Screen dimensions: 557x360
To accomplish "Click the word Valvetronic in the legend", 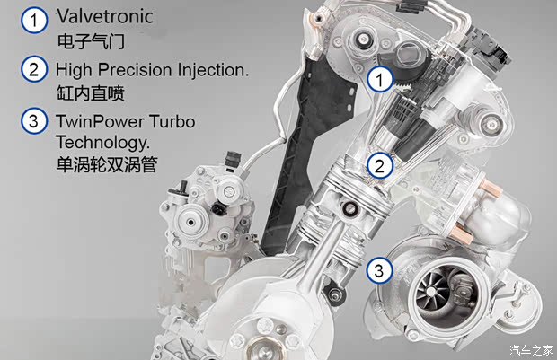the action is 105,17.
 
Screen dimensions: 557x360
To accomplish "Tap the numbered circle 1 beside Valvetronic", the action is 34,21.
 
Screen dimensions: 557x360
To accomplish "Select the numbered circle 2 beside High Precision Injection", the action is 34,69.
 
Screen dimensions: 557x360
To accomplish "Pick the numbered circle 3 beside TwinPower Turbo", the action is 34,121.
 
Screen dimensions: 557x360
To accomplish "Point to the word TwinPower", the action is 100,121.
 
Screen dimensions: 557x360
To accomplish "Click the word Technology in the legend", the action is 102,143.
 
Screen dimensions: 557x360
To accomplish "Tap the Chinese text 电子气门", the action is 91,41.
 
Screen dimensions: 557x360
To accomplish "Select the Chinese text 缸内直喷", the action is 91,93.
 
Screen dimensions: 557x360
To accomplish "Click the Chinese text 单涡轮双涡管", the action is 107,164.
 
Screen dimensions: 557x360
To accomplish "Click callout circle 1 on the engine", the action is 380,79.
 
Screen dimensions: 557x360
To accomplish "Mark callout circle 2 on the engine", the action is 380,166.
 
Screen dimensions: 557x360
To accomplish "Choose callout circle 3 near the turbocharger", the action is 379,271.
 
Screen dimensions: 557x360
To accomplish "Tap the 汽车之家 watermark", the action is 531,350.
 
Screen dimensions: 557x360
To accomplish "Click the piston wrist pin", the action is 349,209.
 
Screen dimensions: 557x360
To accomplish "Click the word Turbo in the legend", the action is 172,121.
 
